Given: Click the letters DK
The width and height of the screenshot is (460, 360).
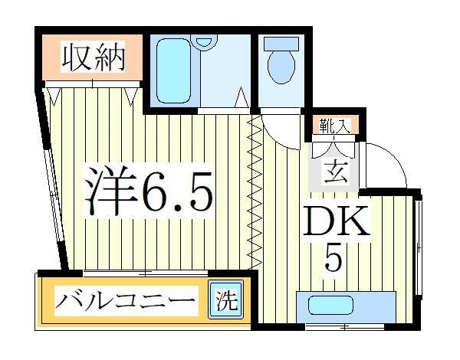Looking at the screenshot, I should click(x=337, y=222).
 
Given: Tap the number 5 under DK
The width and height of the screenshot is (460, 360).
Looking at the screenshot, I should click(x=333, y=259).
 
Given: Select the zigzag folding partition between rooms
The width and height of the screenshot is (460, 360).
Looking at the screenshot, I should click(x=254, y=191).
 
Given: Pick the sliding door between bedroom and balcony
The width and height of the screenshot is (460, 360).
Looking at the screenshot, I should click(x=146, y=272).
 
